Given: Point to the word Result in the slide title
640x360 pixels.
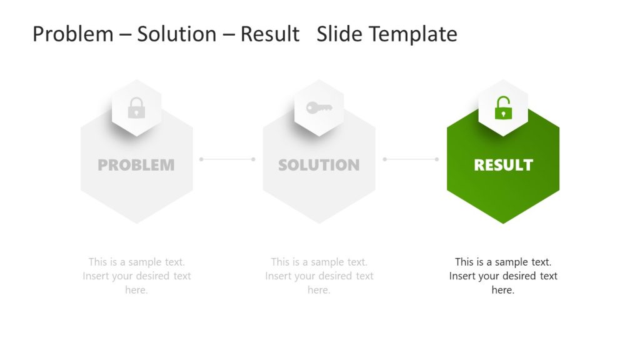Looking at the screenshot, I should (270, 34).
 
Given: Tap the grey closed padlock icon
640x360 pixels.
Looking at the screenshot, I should (136, 108).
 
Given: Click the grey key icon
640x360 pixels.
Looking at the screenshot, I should (319, 107).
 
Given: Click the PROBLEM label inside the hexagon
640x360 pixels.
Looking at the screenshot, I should (136, 165).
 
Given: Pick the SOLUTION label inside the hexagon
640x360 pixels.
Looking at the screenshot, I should (319, 165).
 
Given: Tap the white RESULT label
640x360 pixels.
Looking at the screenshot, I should (503, 165).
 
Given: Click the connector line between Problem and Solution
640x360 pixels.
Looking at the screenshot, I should (227, 159).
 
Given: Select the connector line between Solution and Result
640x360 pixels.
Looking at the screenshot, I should (411, 159).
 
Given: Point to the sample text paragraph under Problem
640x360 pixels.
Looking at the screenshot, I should (136, 276).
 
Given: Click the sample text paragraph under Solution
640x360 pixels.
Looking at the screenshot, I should (319, 276).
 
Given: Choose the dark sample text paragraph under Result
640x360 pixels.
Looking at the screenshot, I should (503, 276).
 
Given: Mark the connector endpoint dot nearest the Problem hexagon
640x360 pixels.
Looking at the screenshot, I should (201, 159).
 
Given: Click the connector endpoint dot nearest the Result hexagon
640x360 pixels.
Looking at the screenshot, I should (436, 159).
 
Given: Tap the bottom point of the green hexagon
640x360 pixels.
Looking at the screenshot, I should (503, 222).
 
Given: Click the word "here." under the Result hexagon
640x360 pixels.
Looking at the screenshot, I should (503, 290).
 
